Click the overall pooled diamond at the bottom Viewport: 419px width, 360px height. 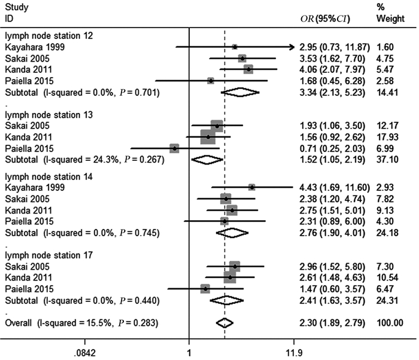224,322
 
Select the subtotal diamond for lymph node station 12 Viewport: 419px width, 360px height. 241,92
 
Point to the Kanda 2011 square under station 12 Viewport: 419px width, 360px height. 248,69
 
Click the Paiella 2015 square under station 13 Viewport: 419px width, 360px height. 174,148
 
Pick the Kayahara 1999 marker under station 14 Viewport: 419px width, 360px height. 252,187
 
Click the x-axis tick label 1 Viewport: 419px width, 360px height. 190,352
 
